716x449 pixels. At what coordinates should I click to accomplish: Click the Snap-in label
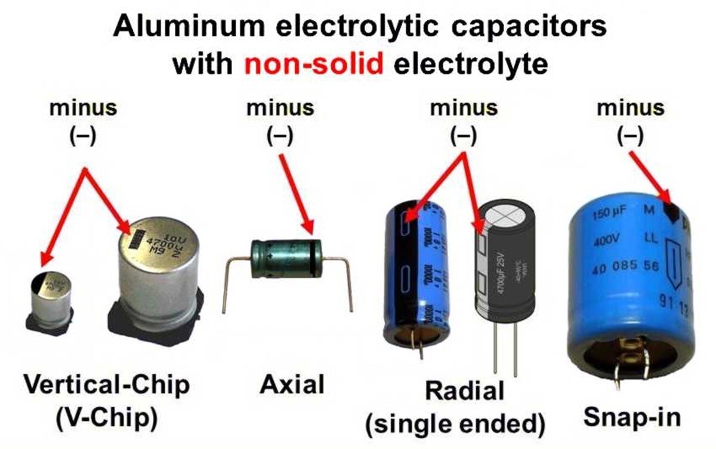click(x=632, y=417)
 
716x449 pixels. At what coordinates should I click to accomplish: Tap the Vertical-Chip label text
click(x=107, y=385)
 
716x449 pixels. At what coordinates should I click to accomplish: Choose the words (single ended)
click(x=456, y=423)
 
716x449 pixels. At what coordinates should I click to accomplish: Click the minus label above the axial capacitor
click(x=280, y=109)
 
